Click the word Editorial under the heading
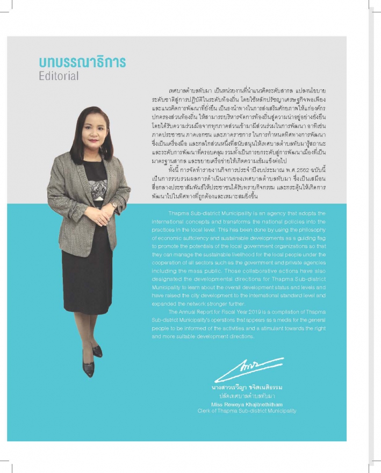click(59, 76)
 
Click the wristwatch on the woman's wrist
click(114, 205)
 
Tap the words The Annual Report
click(186, 312)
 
